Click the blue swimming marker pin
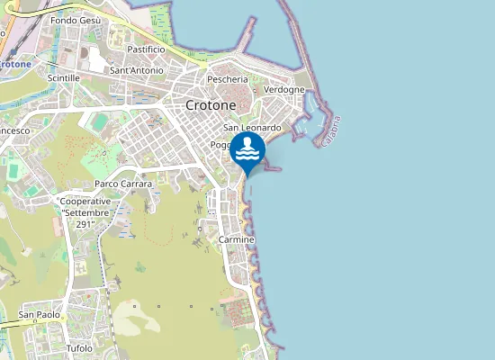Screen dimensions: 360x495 tap(247, 150)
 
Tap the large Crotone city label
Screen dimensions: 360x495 tap(211, 105)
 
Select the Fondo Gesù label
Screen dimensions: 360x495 tap(76, 20)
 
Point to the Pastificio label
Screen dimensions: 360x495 tap(146, 49)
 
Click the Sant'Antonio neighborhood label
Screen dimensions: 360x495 tap(136, 70)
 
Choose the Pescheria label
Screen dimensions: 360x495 tap(227, 79)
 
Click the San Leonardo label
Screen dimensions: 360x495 tap(252, 128)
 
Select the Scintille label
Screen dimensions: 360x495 tap(64, 78)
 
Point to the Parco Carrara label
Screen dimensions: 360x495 tap(123, 184)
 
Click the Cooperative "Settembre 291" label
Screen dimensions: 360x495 tap(86, 212)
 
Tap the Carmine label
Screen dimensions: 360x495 tap(237, 240)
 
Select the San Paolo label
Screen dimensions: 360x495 tap(40, 315)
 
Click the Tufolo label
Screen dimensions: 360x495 tap(79, 348)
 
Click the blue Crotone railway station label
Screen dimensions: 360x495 tap(15, 65)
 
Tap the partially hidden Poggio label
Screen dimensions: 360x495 tap(221, 145)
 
